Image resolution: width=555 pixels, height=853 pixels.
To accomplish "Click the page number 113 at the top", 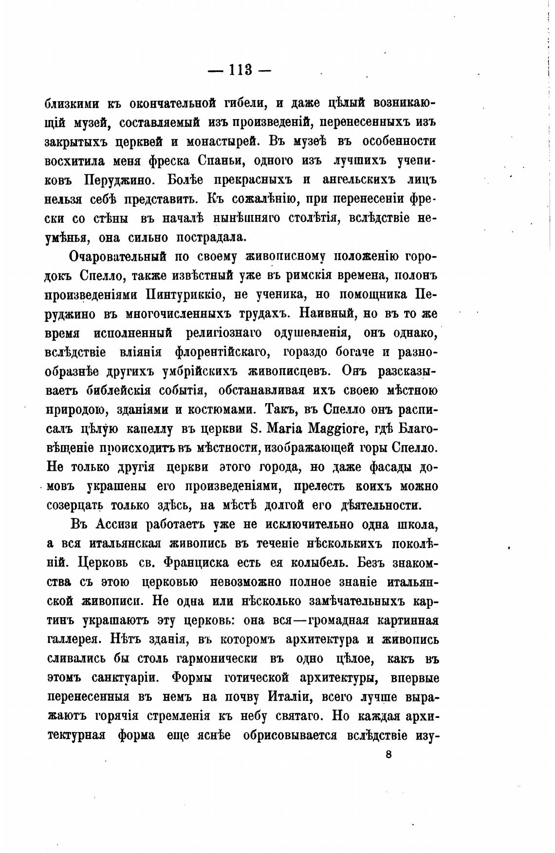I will [x=239, y=70].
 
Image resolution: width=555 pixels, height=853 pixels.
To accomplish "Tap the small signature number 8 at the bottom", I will [x=388, y=754].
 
